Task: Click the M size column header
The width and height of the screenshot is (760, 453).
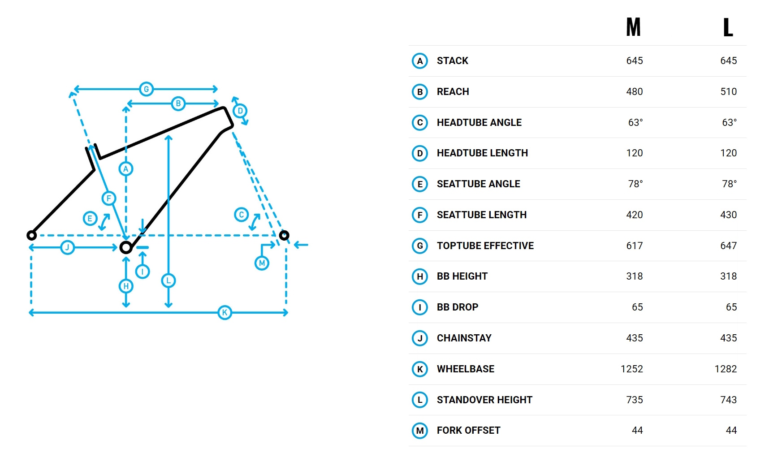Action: [634, 27]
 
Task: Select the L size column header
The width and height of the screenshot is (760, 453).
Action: [728, 27]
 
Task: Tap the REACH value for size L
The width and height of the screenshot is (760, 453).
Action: [729, 91]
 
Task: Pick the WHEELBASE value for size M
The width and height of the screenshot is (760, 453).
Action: [632, 369]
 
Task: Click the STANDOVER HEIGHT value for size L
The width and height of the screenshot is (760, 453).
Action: [729, 400]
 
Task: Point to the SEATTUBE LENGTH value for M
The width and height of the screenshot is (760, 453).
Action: [635, 215]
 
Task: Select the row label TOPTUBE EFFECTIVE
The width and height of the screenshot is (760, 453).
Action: [485, 246]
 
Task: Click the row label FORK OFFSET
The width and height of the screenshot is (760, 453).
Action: [468, 431]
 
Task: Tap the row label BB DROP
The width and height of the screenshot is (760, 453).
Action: [458, 307]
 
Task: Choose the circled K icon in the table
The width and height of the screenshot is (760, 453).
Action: [420, 369]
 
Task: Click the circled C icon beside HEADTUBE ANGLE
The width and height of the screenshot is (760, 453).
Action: [420, 122]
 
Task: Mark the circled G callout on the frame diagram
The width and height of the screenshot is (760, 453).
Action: [146, 89]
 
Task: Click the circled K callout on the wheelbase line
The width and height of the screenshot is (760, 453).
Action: [225, 312]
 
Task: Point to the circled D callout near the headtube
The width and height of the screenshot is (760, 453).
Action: [240, 111]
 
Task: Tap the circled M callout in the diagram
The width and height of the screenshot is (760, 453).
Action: [262, 263]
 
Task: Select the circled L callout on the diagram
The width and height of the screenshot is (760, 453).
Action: [168, 280]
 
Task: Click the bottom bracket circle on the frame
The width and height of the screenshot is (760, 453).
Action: [126, 247]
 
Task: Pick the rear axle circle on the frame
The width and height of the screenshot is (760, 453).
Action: [31, 235]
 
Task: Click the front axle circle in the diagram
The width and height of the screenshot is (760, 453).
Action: [284, 235]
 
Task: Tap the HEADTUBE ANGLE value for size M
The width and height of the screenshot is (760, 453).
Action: [635, 122]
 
